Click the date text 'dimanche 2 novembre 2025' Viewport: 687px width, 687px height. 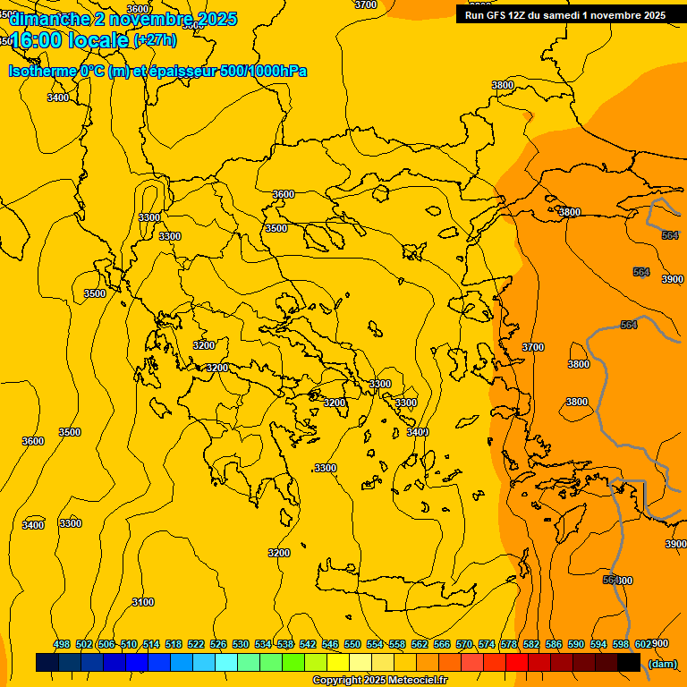[x=123, y=19]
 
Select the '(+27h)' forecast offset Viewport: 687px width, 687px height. [x=155, y=40]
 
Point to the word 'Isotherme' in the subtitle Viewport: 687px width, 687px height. [x=42, y=71]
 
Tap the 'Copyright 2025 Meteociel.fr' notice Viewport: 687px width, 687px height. [x=379, y=681]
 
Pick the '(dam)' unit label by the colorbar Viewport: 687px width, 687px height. [x=662, y=663]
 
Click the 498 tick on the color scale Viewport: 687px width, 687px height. [x=62, y=644]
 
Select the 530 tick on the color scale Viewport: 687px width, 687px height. [x=241, y=644]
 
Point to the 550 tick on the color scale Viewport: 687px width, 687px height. [x=352, y=644]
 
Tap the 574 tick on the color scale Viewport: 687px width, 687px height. [x=487, y=644]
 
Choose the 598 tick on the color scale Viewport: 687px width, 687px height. [x=621, y=644]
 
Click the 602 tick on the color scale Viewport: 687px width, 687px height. [x=643, y=644]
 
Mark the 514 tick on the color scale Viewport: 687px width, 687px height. [x=151, y=644]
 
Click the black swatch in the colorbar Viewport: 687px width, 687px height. [x=629, y=663]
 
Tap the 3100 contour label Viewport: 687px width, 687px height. [x=143, y=602]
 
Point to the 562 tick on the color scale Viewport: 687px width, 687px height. [x=420, y=644]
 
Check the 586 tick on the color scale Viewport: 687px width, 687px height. [x=554, y=644]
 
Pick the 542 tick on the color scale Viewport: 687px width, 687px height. [x=308, y=644]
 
